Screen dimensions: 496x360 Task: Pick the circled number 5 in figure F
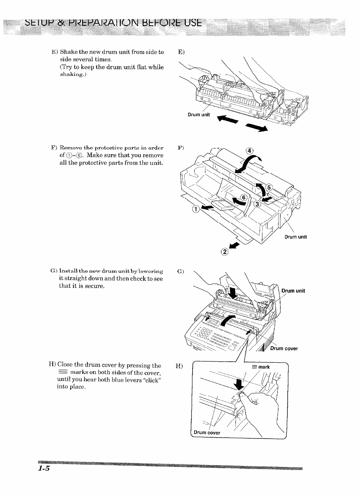269,187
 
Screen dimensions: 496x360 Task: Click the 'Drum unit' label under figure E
199,114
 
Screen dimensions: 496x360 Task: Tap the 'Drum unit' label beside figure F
295,237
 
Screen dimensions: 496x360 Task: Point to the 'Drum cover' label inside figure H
207,432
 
